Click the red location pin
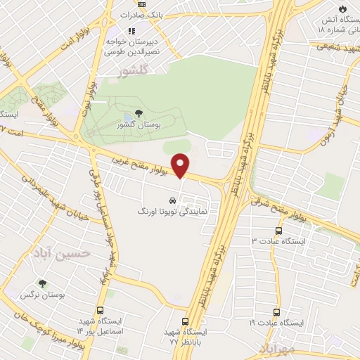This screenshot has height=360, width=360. point(181,165)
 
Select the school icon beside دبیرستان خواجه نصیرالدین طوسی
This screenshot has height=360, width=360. point(131,30)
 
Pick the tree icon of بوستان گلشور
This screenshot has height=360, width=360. point(138,113)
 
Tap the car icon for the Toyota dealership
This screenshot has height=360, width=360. point(173,199)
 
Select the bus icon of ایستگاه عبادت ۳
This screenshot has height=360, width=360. point(279,230)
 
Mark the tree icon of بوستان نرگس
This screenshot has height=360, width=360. point(43,284)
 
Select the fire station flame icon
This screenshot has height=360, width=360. point(342,8)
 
